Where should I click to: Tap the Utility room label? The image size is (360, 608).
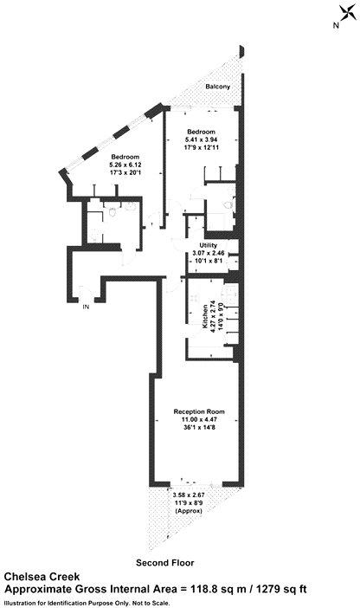click(212, 246)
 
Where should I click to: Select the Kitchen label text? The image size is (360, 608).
click(205, 317)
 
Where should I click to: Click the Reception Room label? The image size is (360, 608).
click(199, 411)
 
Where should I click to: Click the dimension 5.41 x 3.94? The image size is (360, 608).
click(203, 140)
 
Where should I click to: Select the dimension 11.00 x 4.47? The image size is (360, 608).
click(199, 420)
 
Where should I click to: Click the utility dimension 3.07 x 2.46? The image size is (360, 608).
click(212, 254)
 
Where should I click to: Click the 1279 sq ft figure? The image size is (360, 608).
click(280, 588)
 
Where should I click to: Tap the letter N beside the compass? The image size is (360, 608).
click(335, 26)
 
